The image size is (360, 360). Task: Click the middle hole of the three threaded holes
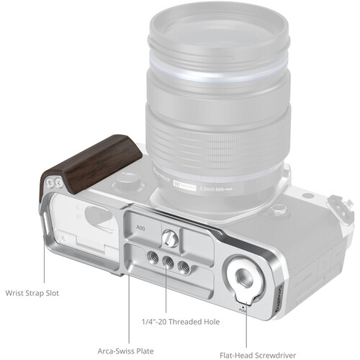click(168, 264)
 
